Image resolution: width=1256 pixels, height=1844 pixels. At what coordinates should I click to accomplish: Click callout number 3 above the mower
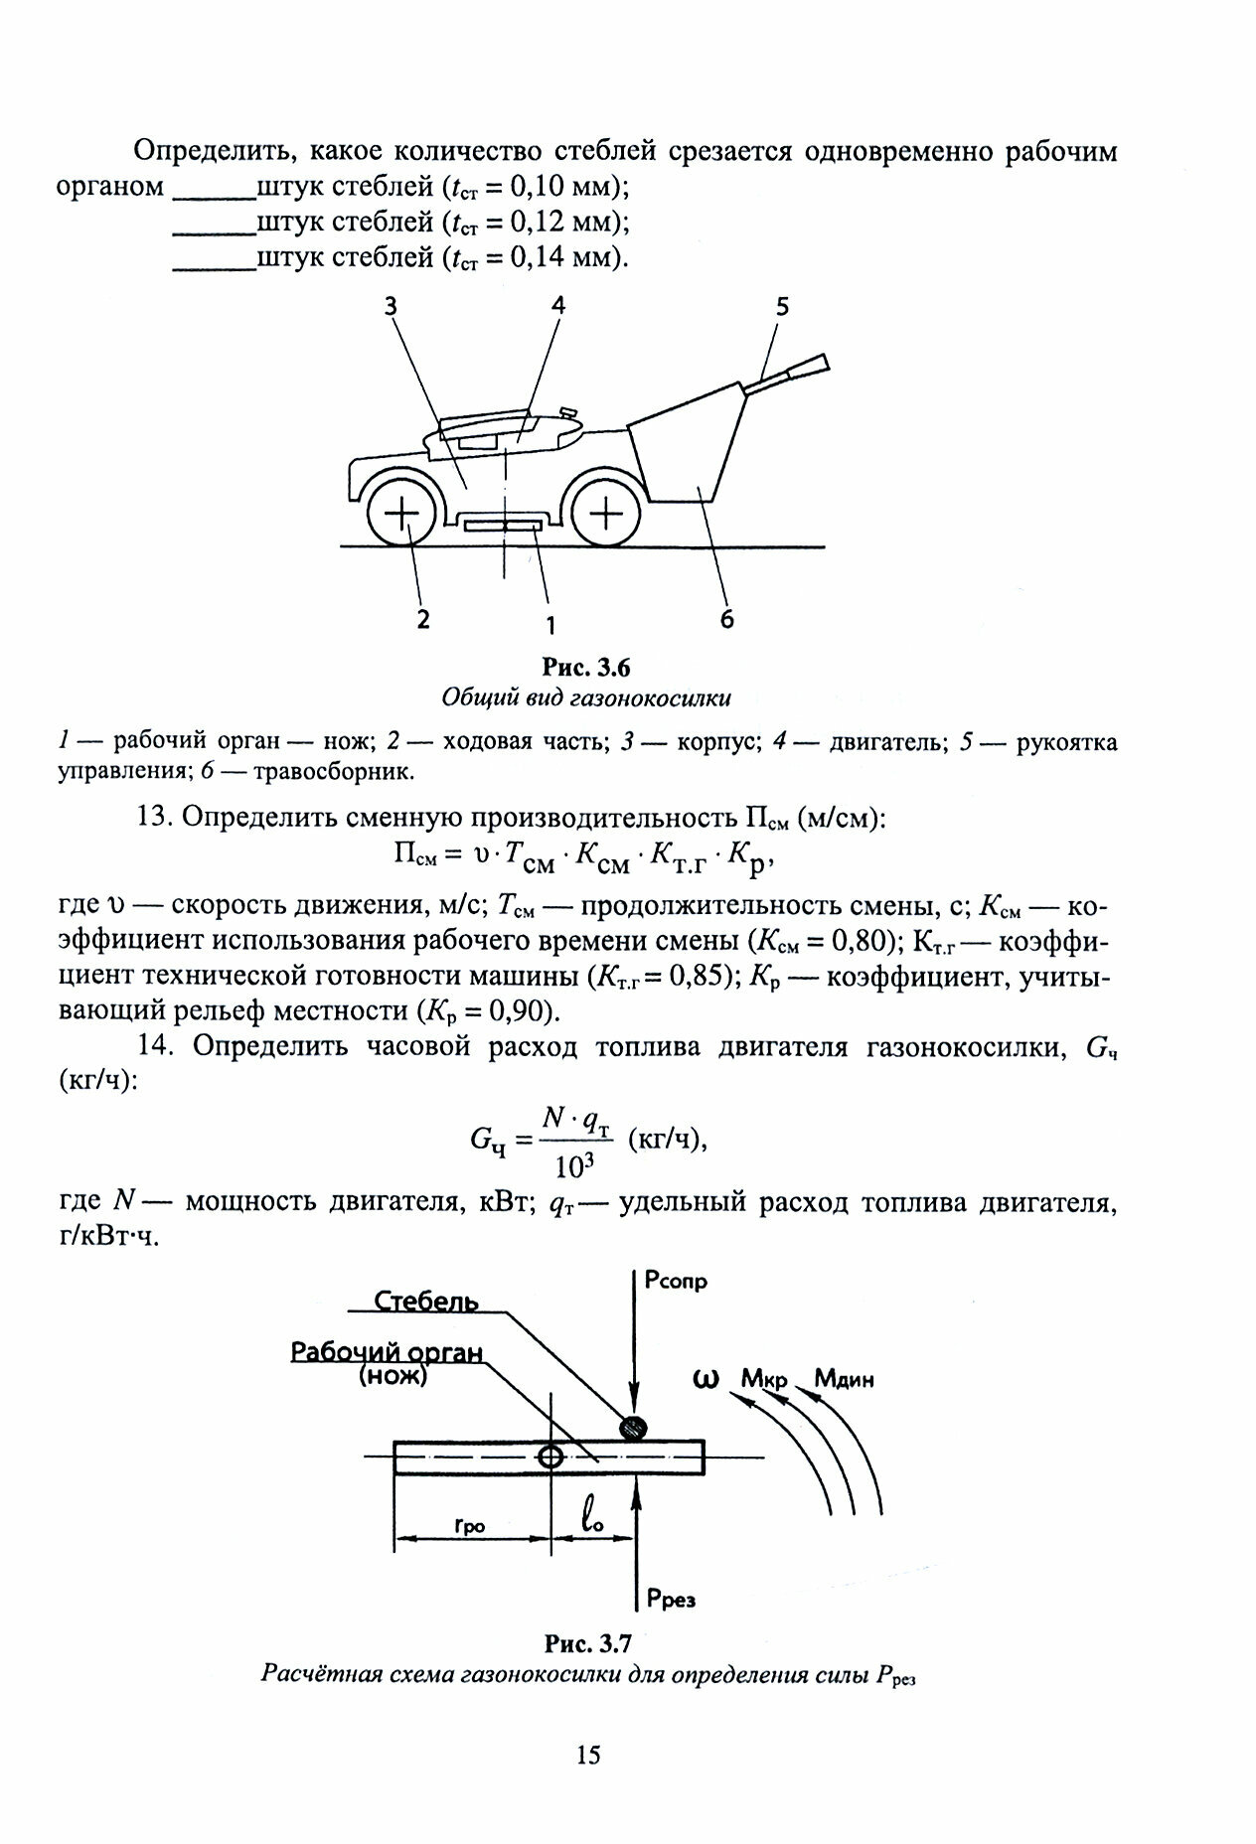[x=391, y=307]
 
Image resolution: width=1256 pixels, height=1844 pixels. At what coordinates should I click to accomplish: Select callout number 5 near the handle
[x=782, y=307]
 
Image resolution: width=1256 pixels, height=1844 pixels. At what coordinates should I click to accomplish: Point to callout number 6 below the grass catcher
[x=726, y=618]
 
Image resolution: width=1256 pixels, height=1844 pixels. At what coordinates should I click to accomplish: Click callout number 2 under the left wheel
[x=423, y=619]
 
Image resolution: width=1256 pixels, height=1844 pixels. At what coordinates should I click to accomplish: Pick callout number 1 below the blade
[x=549, y=624]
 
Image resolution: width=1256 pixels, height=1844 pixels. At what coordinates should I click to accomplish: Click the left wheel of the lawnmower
[x=401, y=515]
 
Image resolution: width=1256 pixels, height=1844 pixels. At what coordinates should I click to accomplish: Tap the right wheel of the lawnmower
[x=606, y=515]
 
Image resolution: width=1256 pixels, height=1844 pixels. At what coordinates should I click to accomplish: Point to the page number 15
[x=588, y=1755]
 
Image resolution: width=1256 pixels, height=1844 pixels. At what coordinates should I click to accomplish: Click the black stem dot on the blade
[x=633, y=1428]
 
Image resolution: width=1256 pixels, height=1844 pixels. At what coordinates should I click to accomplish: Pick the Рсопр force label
[x=675, y=1282]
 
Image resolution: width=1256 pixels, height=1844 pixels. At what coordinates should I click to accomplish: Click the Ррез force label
[x=669, y=1600]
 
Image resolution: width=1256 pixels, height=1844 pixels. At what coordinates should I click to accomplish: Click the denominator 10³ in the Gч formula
[x=575, y=1163]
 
